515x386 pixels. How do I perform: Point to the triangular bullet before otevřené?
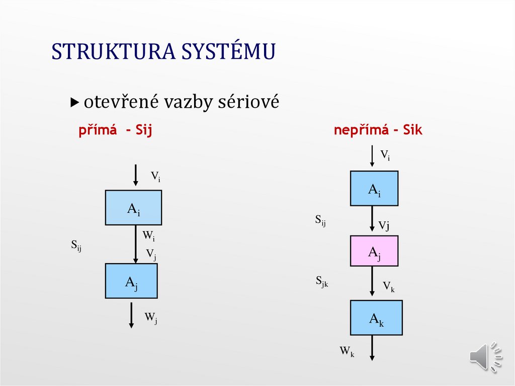75,103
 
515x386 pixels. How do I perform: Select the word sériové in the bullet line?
248,102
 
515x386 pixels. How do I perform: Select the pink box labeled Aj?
374,251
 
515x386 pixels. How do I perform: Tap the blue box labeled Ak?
376,318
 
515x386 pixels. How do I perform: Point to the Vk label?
388,287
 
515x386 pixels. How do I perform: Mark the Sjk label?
322,282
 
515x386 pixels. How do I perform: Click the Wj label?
151,318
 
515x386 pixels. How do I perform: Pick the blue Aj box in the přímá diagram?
131,281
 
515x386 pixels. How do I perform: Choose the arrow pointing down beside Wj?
131,315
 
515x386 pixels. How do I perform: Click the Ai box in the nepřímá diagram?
374,188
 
